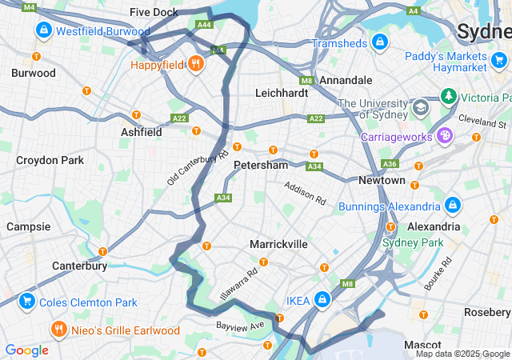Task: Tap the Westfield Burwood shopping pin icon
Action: click(x=43, y=31)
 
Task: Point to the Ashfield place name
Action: click(x=142, y=131)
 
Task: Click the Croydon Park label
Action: click(x=50, y=160)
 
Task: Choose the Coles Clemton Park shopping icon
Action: click(x=27, y=302)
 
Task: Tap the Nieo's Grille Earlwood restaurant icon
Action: click(x=58, y=330)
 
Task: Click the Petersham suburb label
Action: click(x=260, y=165)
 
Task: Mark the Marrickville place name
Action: click(x=278, y=243)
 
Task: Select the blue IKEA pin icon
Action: click(x=322, y=300)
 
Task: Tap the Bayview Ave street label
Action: click(x=239, y=326)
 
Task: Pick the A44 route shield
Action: click(x=204, y=25)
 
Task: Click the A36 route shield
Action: click(x=390, y=163)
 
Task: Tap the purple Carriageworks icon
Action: click(x=442, y=137)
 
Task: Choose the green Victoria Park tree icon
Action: click(x=449, y=98)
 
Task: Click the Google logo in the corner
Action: click(x=26, y=350)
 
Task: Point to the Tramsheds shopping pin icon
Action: click(x=379, y=42)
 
